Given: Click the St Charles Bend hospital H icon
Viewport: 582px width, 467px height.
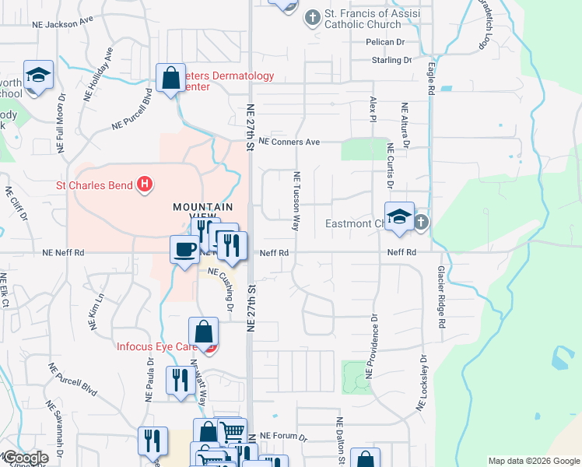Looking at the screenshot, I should (144, 184).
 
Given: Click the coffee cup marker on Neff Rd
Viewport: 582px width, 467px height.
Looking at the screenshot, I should (184, 250).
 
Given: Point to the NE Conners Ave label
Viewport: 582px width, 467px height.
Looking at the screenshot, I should (289, 142).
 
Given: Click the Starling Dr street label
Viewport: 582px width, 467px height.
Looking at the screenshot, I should (391, 60).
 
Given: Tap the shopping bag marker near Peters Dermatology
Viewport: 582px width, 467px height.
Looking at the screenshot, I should (170, 78).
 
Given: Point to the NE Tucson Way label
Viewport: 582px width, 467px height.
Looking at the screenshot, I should (296, 202).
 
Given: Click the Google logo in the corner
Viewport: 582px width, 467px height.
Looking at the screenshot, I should (25, 458).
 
